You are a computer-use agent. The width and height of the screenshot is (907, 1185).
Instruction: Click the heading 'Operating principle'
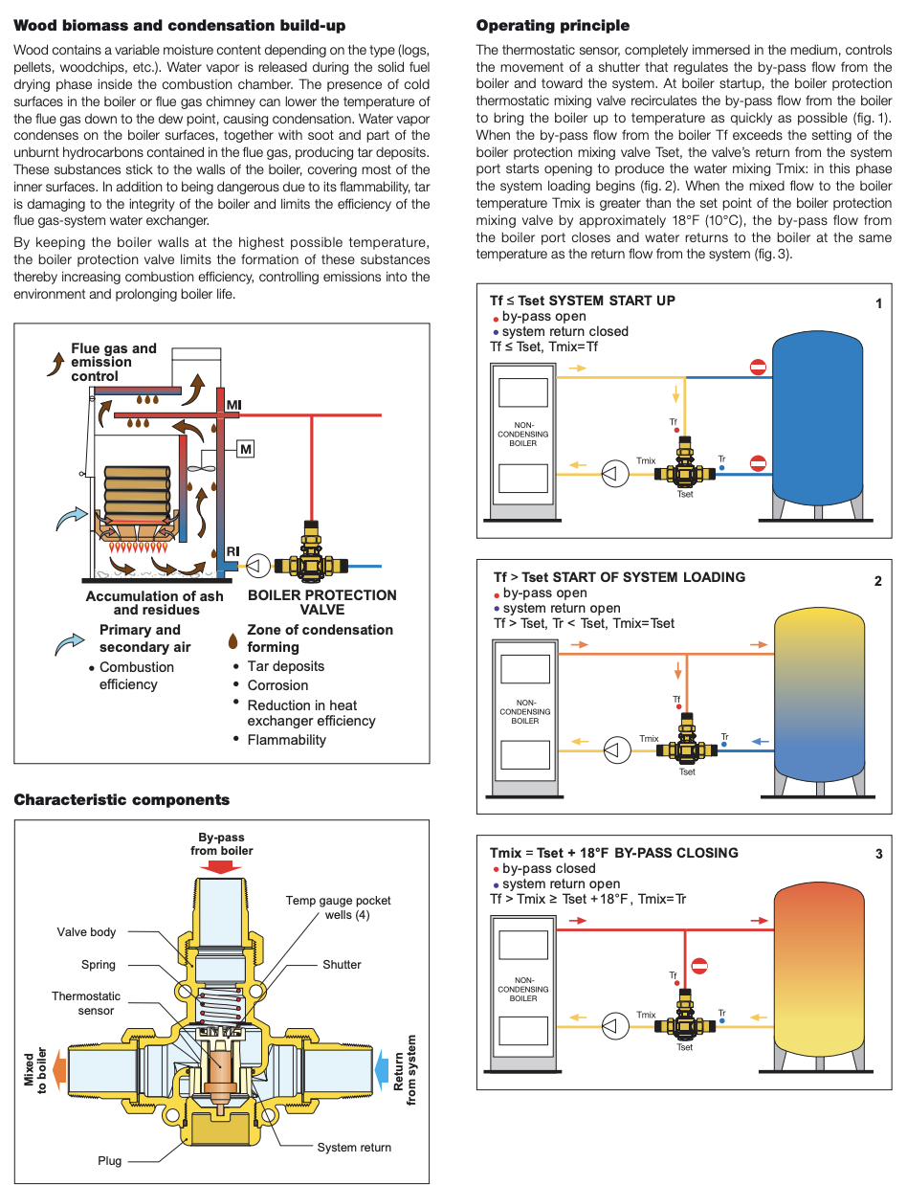(552, 26)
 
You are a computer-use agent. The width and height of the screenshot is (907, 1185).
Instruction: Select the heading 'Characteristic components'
(122, 800)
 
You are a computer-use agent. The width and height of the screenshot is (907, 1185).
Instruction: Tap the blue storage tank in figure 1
(820, 412)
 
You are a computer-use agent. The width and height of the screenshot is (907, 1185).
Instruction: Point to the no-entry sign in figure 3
(699, 967)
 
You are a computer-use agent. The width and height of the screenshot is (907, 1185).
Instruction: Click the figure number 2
(878, 581)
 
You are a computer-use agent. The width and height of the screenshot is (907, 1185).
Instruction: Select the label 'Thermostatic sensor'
(86, 1003)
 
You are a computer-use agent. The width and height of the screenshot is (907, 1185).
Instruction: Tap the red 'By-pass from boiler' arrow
(221, 866)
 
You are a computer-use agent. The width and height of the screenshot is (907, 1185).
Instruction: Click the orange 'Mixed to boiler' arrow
(57, 1068)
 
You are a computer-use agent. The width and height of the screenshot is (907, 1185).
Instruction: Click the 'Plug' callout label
(110, 1161)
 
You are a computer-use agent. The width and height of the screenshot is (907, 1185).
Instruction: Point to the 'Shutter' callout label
(342, 965)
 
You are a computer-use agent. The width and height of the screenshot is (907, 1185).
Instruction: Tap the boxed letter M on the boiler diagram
(246, 448)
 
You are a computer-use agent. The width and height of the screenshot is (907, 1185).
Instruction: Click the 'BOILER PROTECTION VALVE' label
(321, 602)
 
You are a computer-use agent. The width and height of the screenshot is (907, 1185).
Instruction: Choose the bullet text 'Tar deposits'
(285, 666)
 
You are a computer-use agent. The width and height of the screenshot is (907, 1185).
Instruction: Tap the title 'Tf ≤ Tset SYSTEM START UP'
(582, 301)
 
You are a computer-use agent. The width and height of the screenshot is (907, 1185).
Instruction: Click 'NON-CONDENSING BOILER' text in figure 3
(523, 989)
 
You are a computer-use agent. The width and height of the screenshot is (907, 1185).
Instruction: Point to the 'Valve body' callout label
(86, 932)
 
